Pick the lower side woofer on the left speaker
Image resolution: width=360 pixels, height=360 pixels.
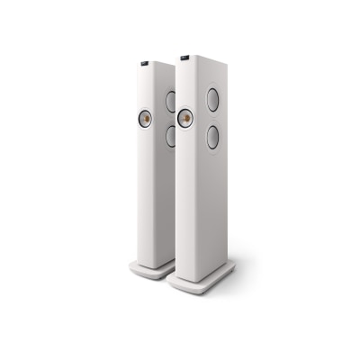(170, 136)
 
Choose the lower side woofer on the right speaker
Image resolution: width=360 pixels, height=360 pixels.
(213, 138)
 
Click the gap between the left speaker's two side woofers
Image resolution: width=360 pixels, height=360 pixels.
(170, 118)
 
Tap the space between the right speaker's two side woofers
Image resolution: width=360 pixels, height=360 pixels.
(213, 119)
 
